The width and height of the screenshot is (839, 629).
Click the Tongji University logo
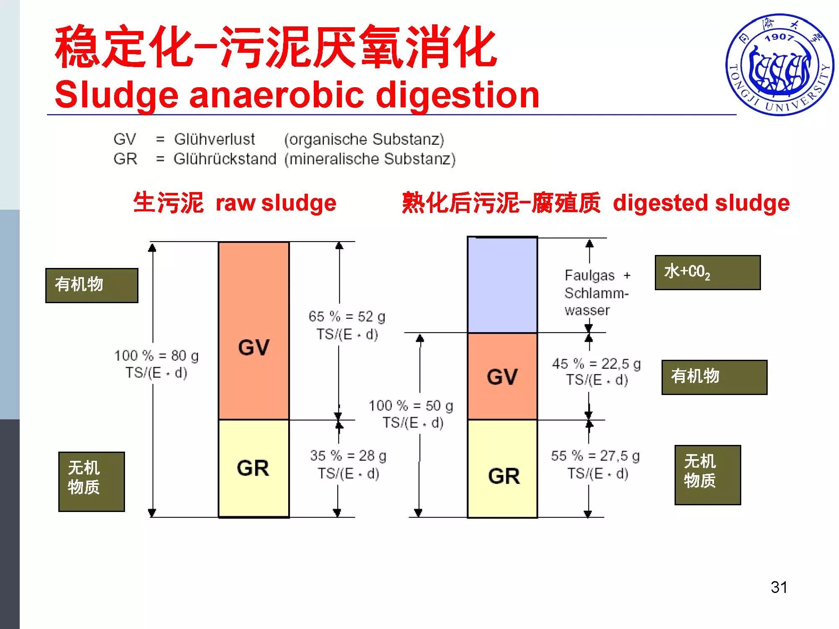779,65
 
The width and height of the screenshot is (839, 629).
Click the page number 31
779,587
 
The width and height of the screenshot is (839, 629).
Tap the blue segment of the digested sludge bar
502,285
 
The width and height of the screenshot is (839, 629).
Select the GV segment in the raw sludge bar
254,331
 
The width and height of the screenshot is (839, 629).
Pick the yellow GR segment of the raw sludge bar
254,468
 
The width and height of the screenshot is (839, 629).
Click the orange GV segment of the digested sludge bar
502,376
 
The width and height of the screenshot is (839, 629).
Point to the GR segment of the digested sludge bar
502,469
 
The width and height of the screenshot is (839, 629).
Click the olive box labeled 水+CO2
707,273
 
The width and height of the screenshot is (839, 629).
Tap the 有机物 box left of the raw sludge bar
91,286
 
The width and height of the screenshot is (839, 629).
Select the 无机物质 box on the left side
91,481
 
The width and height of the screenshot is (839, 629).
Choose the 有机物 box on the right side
714,377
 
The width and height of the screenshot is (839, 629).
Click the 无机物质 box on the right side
707,475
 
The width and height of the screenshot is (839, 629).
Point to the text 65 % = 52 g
347,317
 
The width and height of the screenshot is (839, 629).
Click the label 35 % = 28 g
348,456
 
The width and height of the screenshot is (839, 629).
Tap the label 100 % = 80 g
156,356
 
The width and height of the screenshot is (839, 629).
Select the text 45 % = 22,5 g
596,364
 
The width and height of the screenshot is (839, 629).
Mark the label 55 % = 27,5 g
596,456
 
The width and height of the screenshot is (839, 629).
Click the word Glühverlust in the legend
214,139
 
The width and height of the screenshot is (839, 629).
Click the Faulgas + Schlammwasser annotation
596,293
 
